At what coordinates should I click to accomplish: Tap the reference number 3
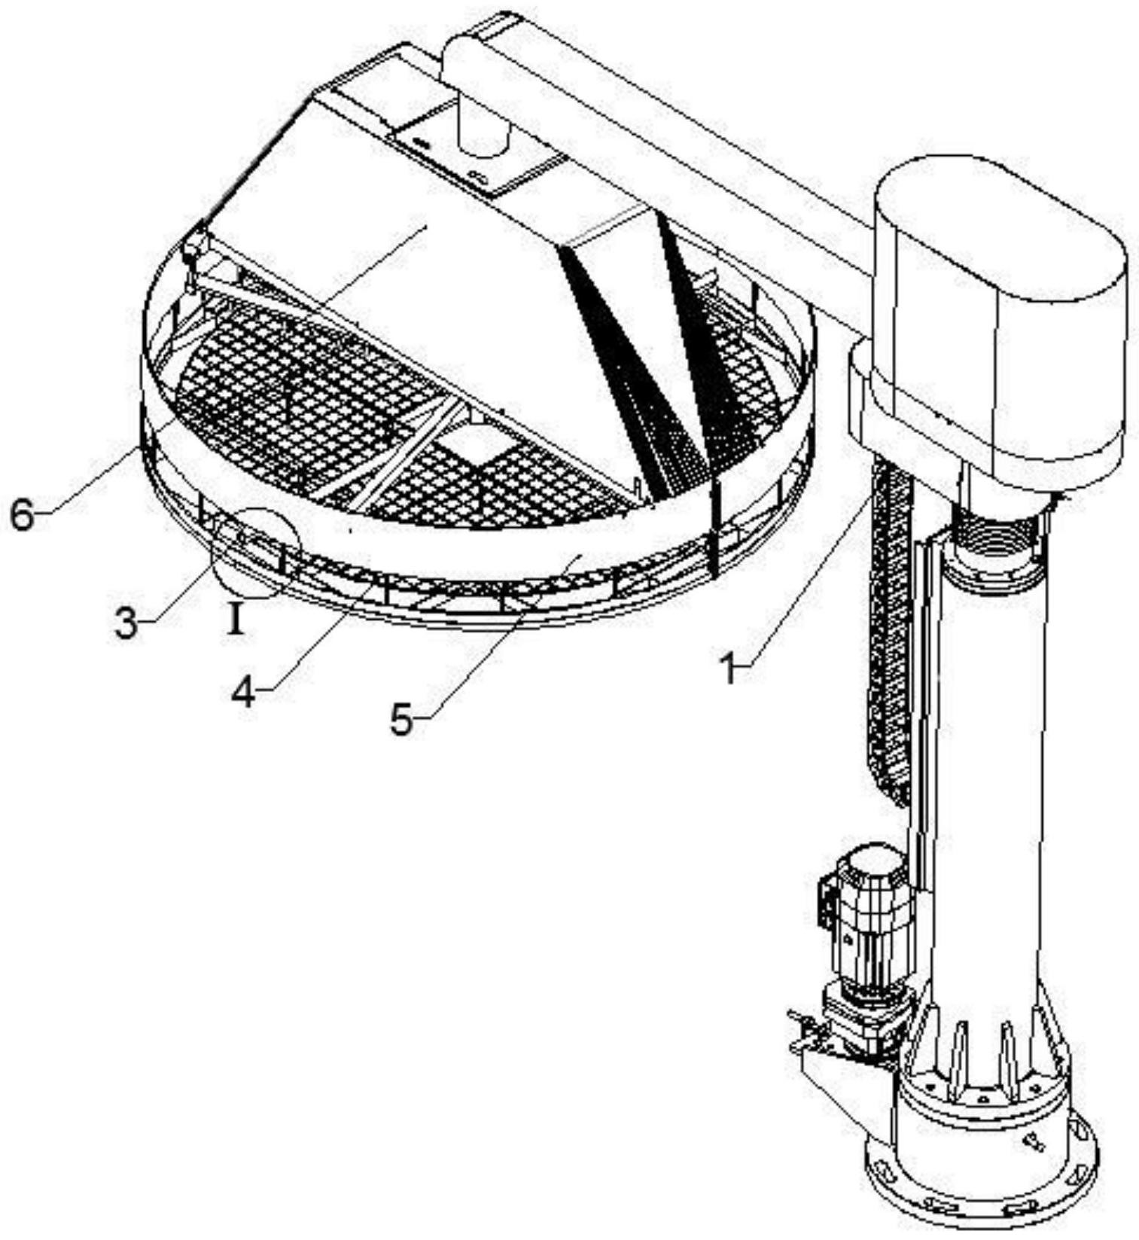[126, 624]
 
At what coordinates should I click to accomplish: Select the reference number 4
[243, 691]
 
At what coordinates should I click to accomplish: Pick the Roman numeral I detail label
[236, 621]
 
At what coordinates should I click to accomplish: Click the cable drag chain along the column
[888, 640]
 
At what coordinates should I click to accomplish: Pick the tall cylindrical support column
[986, 791]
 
